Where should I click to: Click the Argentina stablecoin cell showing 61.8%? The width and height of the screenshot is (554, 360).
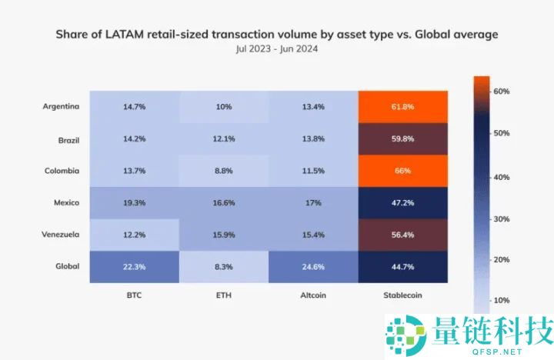coord(403,106)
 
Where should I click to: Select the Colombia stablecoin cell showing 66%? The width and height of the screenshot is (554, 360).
coord(403,171)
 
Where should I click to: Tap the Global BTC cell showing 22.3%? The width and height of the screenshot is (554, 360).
coord(135,267)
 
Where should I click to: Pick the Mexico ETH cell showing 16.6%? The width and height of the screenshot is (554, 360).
coord(225,203)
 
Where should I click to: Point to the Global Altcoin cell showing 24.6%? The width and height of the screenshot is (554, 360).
coord(314,267)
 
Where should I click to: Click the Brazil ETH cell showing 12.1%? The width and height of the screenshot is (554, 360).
coord(225,138)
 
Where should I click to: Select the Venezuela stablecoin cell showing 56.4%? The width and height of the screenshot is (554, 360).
coord(403,235)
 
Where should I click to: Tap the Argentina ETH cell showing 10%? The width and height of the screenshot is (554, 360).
coord(225,106)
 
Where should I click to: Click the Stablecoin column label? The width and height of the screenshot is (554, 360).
coord(403,294)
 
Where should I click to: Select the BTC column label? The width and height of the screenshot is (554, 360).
coord(135,294)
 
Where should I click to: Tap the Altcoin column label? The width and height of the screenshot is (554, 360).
coord(314,294)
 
